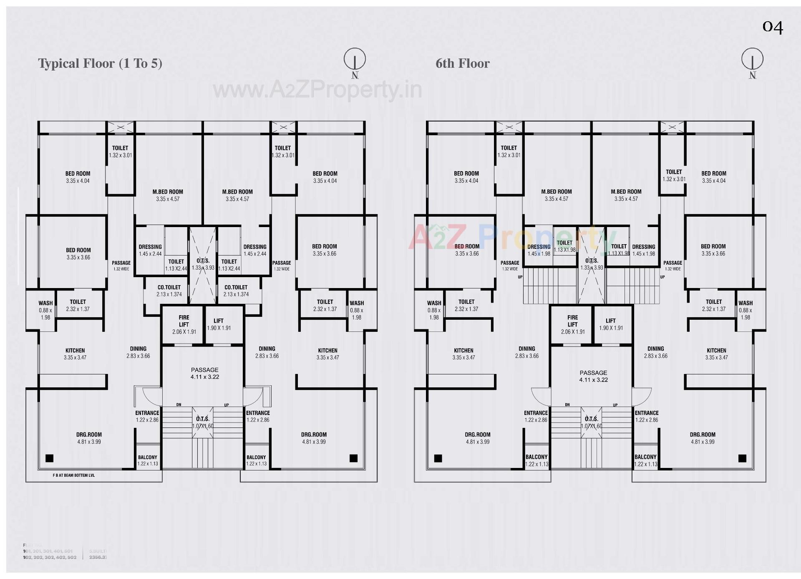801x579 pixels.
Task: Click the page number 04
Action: click(x=772, y=27)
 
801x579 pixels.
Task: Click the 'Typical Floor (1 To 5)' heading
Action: click(x=100, y=63)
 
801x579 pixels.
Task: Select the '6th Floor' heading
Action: click(x=462, y=63)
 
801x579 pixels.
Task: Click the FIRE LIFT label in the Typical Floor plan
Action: click(x=184, y=324)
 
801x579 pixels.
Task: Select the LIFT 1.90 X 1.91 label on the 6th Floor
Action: click(x=611, y=324)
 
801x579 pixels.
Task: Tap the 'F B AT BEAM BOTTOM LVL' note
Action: click(x=73, y=475)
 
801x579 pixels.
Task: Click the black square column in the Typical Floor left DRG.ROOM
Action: click(x=49, y=458)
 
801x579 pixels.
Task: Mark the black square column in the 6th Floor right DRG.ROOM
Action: click(x=742, y=458)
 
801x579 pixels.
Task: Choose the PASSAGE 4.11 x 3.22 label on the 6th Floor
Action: click(x=593, y=376)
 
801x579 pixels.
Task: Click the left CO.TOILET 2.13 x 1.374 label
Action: click(x=169, y=291)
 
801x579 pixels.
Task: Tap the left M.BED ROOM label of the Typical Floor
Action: click(x=168, y=195)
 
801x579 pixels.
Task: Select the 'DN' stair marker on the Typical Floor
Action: click(x=179, y=405)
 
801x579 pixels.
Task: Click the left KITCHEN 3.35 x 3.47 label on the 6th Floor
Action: click(x=463, y=354)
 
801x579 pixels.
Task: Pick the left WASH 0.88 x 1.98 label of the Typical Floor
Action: click(x=45, y=310)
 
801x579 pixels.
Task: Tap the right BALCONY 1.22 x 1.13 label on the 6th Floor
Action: click(x=645, y=460)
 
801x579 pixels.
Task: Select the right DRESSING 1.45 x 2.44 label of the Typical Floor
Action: click(x=254, y=250)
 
